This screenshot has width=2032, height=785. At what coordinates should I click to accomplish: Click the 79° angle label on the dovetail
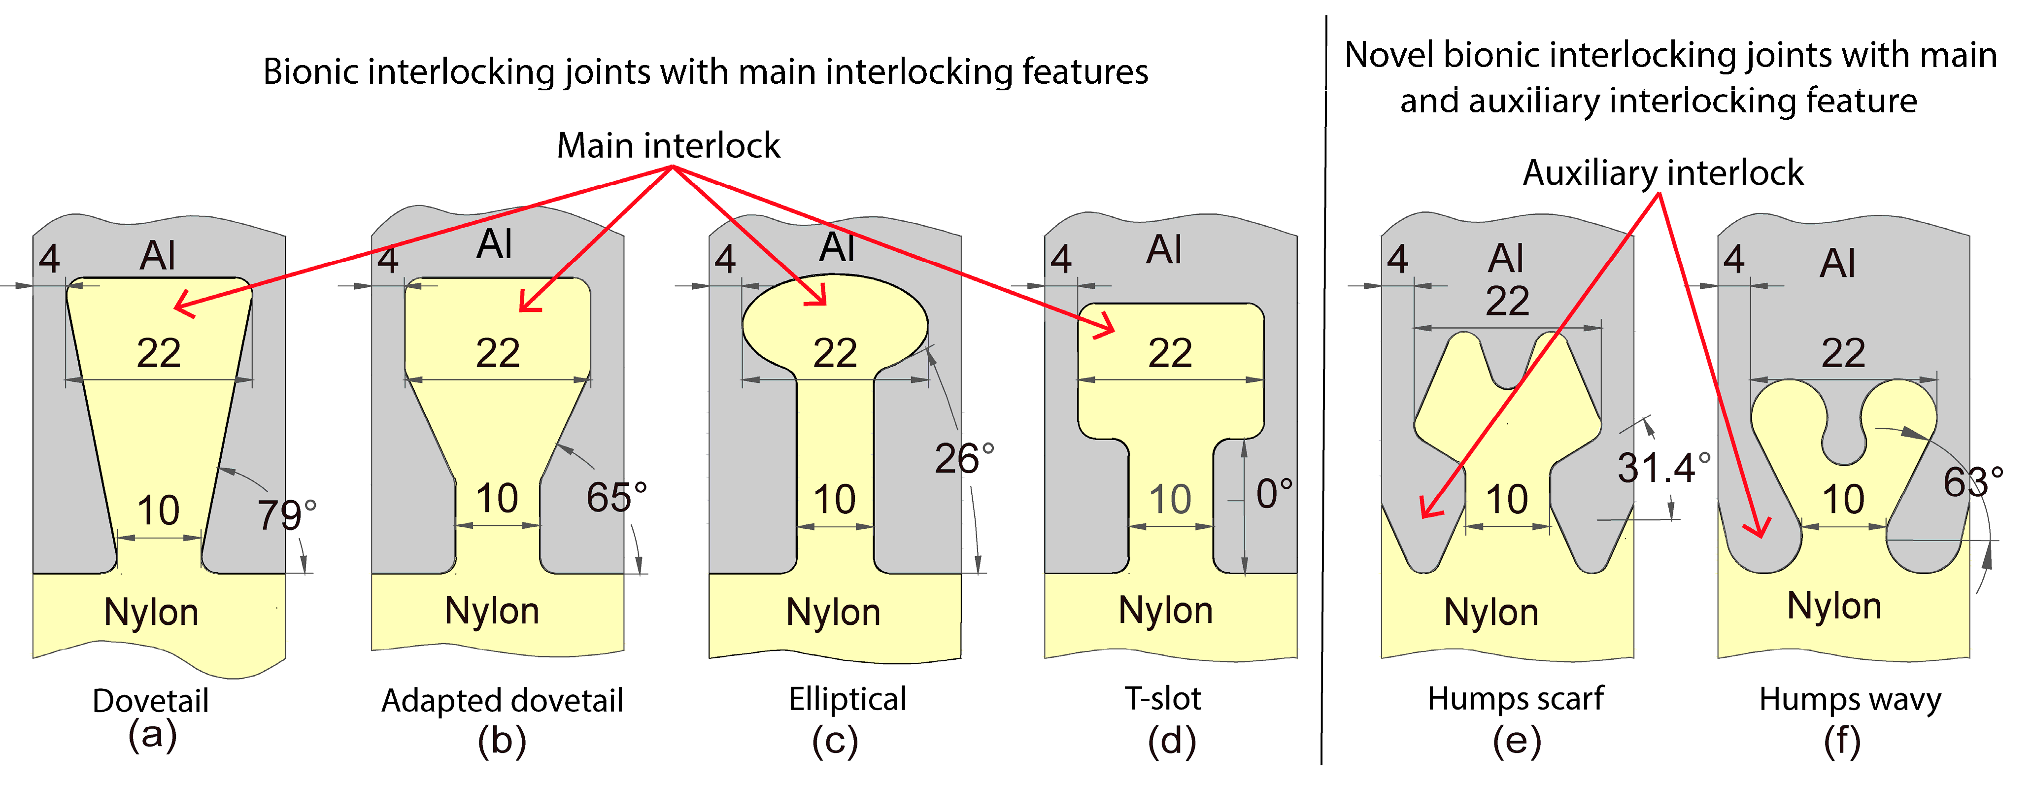pos(286,515)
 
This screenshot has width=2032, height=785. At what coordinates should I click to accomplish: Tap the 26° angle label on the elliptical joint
pos(964,458)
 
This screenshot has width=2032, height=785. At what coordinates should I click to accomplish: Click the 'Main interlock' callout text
pos(668,146)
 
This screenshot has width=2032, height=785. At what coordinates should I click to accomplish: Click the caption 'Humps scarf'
pos(1515,699)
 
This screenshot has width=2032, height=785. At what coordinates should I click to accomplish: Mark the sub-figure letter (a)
pos(152,735)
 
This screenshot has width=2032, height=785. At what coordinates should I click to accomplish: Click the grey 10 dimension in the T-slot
pos(1169,499)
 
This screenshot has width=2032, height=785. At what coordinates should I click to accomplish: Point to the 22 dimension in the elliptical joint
pos(835,353)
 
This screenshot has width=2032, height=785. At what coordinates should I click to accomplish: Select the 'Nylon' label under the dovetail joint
pos(151,612)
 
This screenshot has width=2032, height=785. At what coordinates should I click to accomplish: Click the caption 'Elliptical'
pos(847,699)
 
